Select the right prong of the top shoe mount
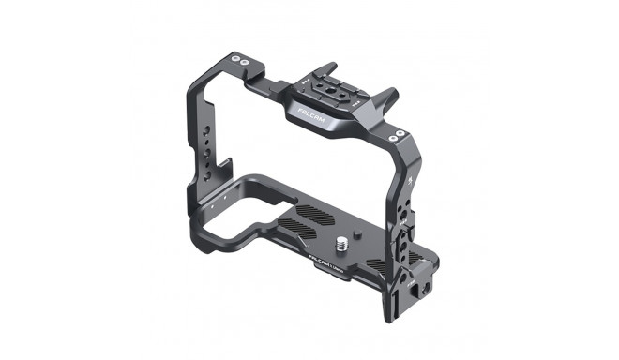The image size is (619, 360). coord(390,98)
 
